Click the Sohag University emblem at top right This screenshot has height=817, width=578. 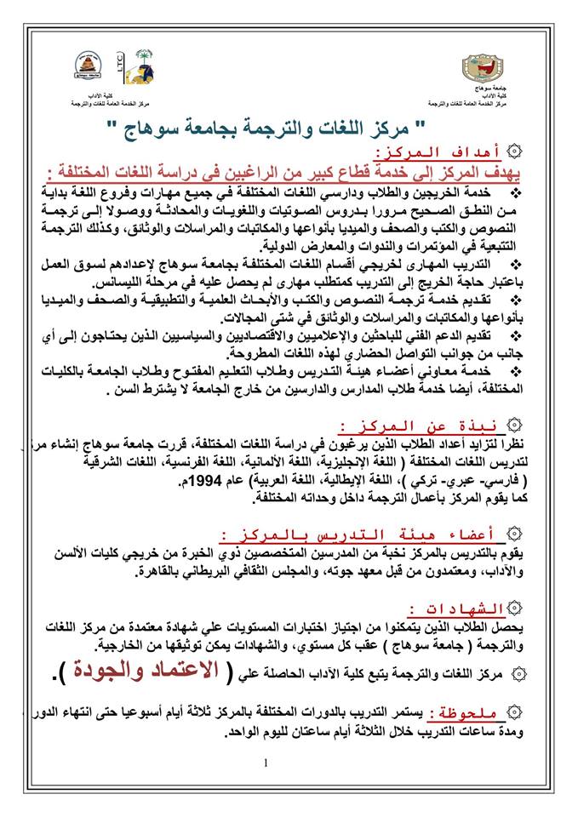click(483, 69)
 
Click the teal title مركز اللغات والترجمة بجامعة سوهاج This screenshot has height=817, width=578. click(286, 129)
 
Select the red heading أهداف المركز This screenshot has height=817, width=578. click(473, 152)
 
